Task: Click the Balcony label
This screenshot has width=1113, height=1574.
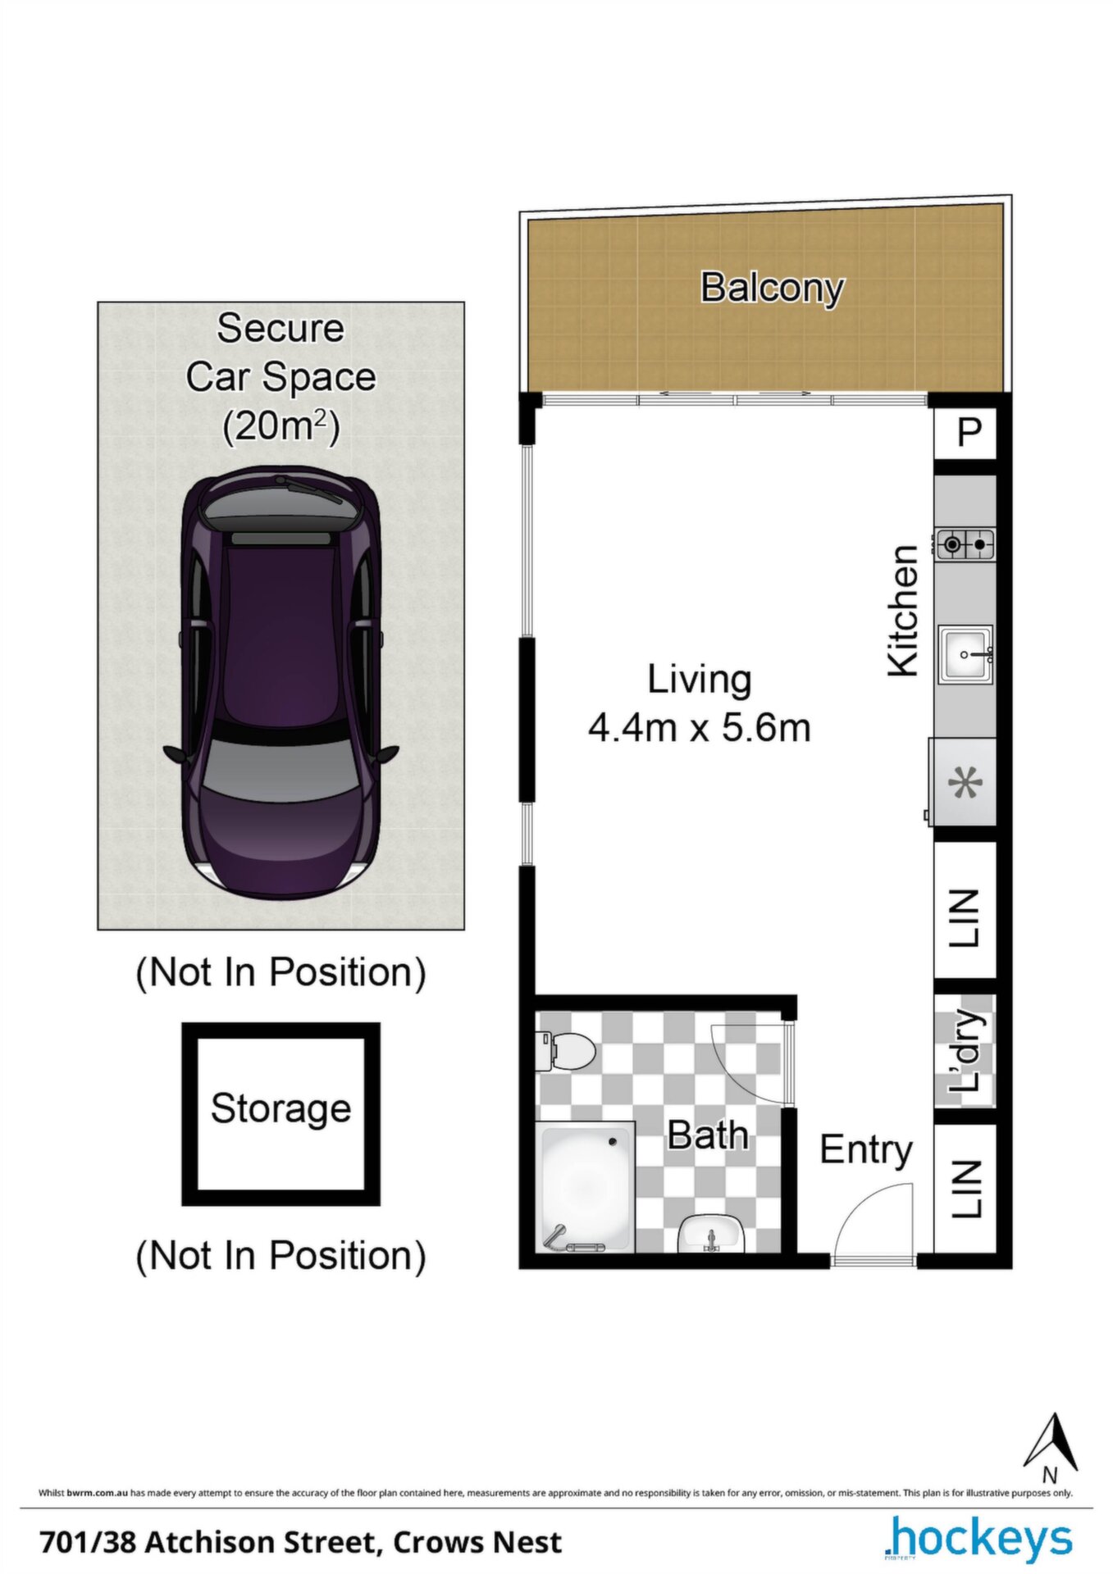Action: [772, 288]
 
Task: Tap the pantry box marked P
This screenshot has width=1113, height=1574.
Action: [966, 432]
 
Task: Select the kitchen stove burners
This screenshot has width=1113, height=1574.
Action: [965, 544]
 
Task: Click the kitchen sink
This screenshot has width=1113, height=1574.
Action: [966, 654]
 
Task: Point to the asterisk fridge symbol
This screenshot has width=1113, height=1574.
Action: [965, 783]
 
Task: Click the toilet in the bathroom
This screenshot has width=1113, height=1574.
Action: [566, 1050]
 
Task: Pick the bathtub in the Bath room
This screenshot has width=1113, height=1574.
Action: [586, 1186]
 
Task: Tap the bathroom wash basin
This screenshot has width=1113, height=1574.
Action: [710, 1234]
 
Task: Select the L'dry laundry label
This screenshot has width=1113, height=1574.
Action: [965, 1051]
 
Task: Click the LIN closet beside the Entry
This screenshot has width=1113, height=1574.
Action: [965, 1188]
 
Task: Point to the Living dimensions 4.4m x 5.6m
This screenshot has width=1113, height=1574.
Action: [700, 728]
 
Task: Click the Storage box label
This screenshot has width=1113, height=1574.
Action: [281, 1108]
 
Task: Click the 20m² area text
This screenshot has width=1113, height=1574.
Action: [281, 426]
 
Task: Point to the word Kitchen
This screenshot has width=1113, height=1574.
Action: [903, 611]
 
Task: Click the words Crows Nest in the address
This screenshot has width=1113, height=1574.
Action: [477, 1542]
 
